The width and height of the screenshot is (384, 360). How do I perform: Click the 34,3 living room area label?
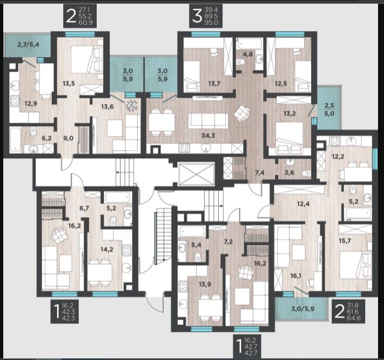pyautogui.click(x=208, y=135)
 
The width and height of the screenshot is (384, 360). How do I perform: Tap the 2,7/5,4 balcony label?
pyautogui.click(x=29, y=45)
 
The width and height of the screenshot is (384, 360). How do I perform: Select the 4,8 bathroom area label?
pyautogui.click(x=248, y=54)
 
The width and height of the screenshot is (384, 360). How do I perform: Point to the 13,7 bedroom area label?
pyautogui.click(x=214, y=84)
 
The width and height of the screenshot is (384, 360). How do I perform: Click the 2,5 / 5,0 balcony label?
pyautogui.click(x=329, y=110)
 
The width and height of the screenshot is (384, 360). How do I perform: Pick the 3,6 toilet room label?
pyautogui.click(x=289, y=173)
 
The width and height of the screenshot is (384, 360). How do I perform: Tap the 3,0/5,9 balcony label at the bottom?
pyautogui.click(x=303, y=309)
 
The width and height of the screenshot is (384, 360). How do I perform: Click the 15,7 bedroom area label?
pyautogui.click(x=345, y=241)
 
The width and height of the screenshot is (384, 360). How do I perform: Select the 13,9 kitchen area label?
pyautogui.click(x=205, y=284)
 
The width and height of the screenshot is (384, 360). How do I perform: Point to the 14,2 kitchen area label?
pyautogui.click(x=107, y=250)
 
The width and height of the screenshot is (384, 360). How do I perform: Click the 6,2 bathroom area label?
pyautogui.click(x=46, y=138)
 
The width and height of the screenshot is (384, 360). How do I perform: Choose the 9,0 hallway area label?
pyautogui.click(x=68, y=138)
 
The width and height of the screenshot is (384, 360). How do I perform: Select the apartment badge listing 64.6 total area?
pyautogui.click(x=348, y=312)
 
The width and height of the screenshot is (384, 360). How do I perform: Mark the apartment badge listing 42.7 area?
pyautogui.click(x=247, y=347)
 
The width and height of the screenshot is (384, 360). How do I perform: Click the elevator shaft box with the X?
pyautogui.click(x=197, y=174)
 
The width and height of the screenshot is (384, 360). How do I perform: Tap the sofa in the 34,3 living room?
pyautogui.click(x=208, y=120)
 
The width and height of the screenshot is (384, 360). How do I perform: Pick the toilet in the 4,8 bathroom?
pyautogui.click(x=241, y=62)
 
